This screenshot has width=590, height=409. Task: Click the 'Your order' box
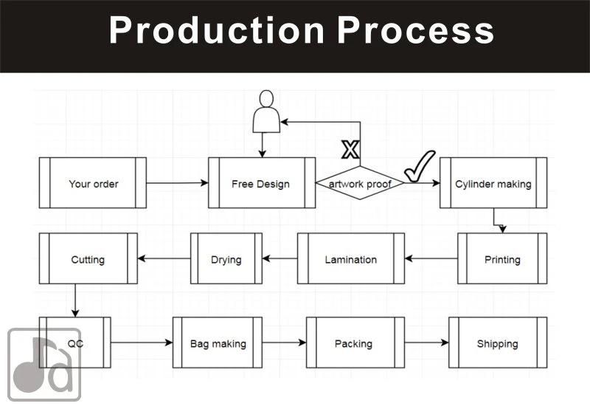tap(93, 183)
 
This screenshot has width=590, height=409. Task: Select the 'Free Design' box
tap(261, 183)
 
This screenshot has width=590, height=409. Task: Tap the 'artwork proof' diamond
tap(360, 183)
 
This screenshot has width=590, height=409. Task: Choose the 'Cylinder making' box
tap(493, 183)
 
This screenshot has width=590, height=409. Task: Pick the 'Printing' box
tap(502, 259)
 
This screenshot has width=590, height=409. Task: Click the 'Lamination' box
tap(350, 259)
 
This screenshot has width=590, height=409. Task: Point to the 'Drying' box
tap(226, 259)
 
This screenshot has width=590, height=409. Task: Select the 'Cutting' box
tap(88, 259)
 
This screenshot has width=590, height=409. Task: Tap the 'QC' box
tap(75, 343)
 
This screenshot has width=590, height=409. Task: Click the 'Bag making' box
tap(218, 343)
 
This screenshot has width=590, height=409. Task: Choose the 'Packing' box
tap(355, 343)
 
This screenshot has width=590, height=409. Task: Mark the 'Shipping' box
tap(498, 343)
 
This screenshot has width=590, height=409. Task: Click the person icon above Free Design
tap(266, 111)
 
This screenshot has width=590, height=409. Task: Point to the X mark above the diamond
tap(350, 150)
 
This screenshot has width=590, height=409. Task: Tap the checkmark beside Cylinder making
tap(420, 166)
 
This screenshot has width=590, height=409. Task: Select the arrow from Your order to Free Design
tap(177, 183)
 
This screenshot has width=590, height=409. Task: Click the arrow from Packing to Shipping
tap(426, 343)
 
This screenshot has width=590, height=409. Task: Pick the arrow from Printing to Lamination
tap(431, 259)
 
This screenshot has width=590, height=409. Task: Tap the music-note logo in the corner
tap(44, 364)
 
